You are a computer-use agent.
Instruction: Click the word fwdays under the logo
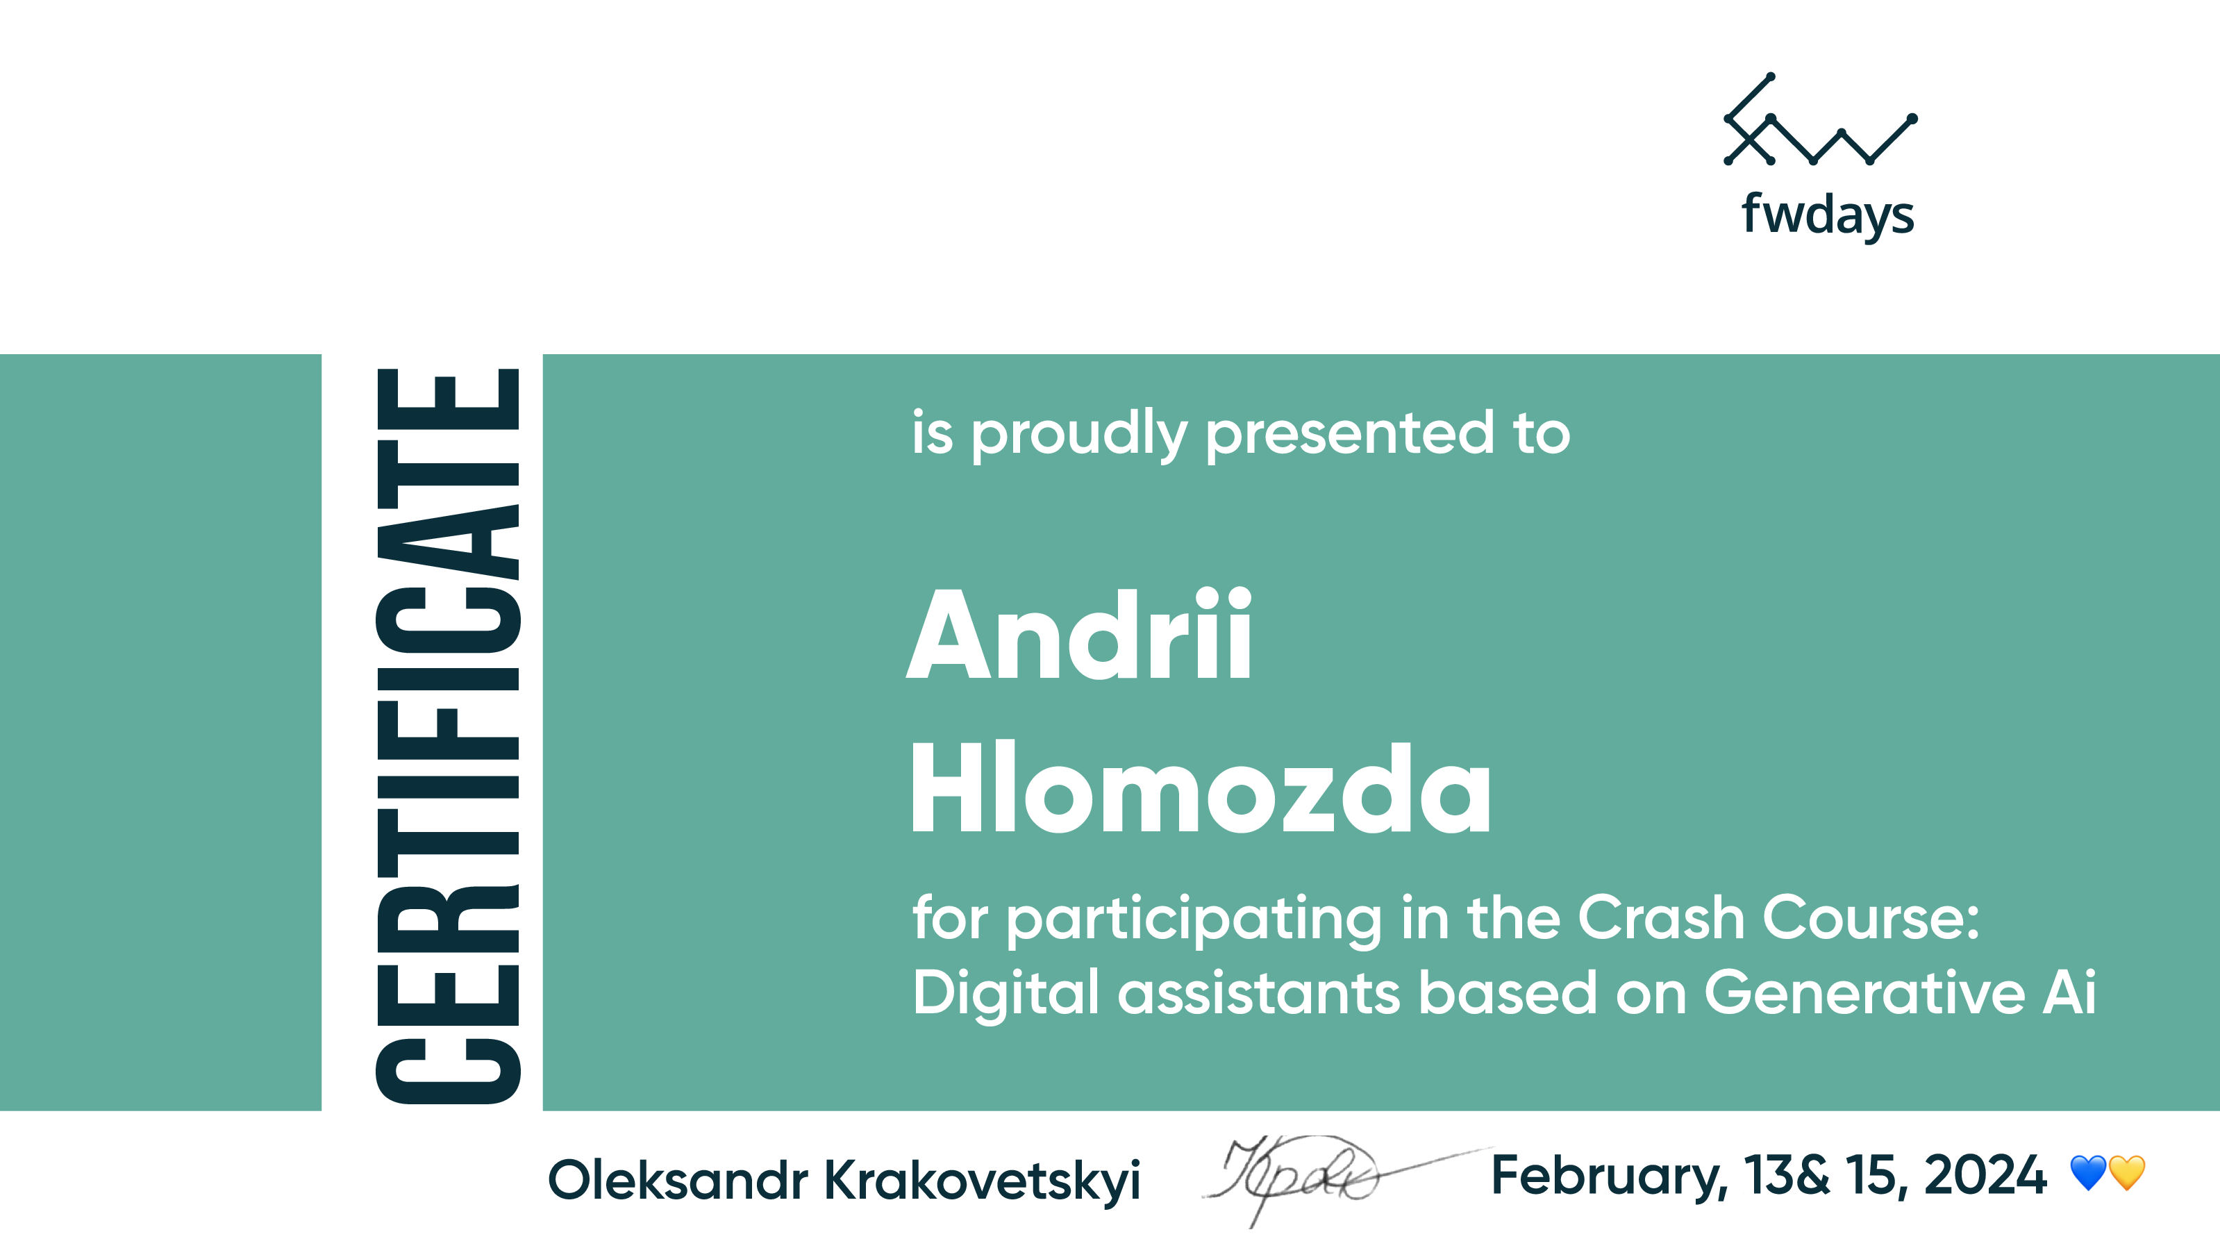[1828, 215]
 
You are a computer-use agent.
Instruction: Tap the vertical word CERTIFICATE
[448, 736]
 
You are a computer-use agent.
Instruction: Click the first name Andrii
[1079, 635]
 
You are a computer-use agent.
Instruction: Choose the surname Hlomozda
[1201, 787]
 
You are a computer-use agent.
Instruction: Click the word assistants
[1259, 993]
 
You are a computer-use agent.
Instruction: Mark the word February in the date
[1609, 1177]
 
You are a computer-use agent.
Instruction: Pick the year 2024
[1985, 1175]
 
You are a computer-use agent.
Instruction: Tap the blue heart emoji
[2088, 1173]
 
